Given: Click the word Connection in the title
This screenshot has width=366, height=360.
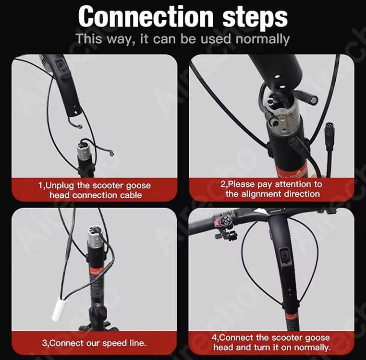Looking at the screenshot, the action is pyautogui.click(x=146, y=17).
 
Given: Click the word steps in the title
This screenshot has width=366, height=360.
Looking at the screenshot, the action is pyautogui.click(x=255, y=18).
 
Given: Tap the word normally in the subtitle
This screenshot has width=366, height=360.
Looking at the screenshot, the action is pyautogui.click(x=263, y=39).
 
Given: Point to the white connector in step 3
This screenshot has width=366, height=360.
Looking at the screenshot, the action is pyautogui.click(x=57, y=309).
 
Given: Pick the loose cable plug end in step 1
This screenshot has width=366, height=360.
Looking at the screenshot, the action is pyautogui.click(x=111, y=153).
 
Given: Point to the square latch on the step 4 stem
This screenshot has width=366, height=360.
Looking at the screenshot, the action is pyautogui.click(x=284, y=255).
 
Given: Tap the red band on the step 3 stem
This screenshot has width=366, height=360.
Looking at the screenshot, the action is pyautogui.click(x=95, y=270).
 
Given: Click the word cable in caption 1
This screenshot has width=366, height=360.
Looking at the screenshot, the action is pyautogui.click(x=131, y=195).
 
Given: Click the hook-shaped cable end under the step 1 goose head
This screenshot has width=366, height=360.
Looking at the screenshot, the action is pyautogui.click(x=75, y=123).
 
